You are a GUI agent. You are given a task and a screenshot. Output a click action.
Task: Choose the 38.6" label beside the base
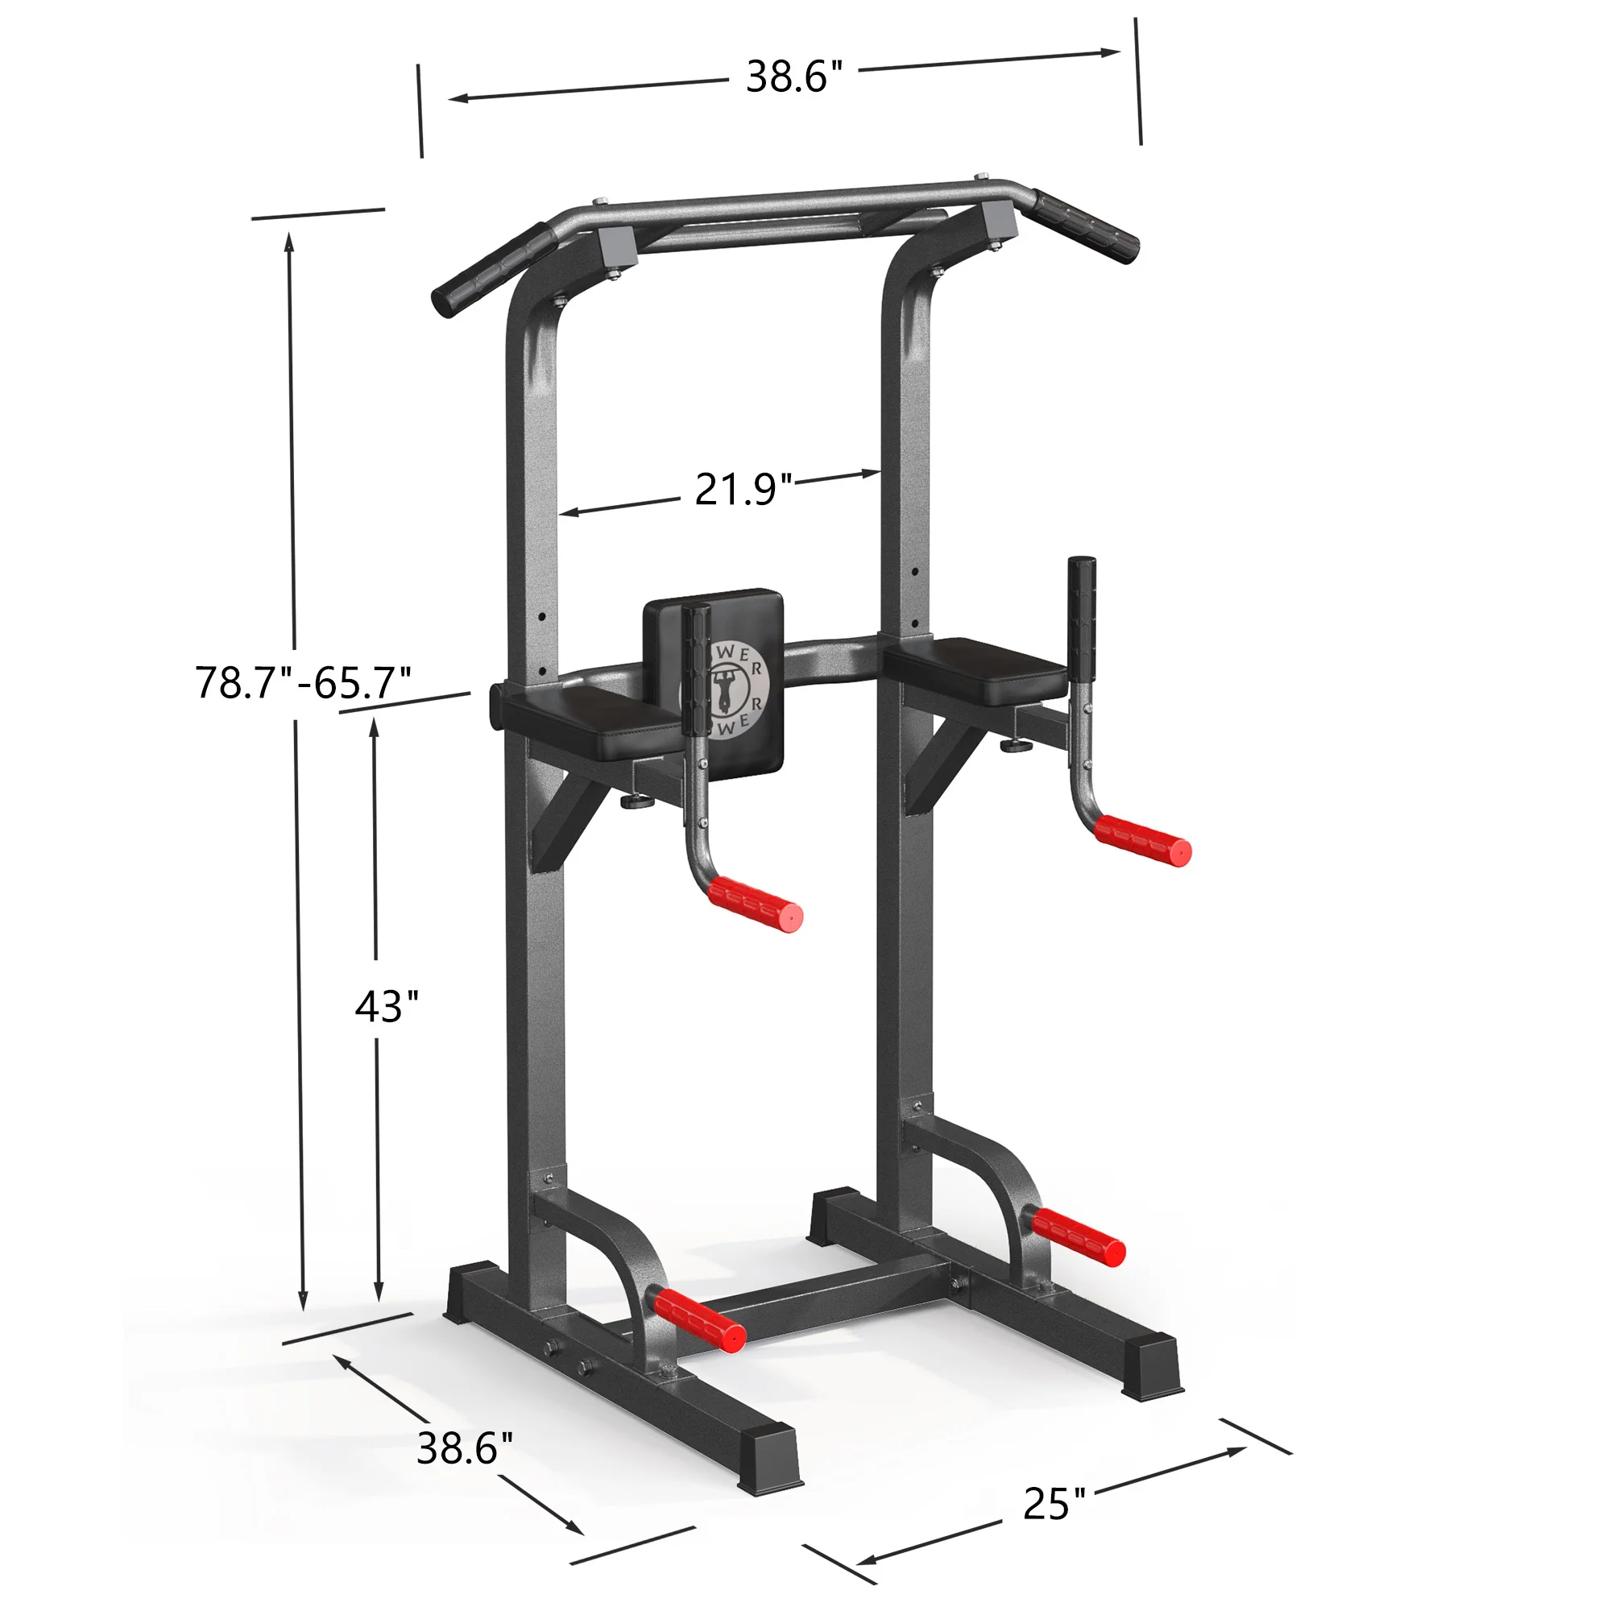(465, 1448)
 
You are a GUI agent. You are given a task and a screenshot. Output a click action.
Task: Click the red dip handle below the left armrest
(756, 903)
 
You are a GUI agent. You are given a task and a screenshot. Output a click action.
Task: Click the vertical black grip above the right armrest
(1082, 612)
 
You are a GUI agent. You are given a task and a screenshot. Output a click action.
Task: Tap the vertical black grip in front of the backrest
(696, 668)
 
